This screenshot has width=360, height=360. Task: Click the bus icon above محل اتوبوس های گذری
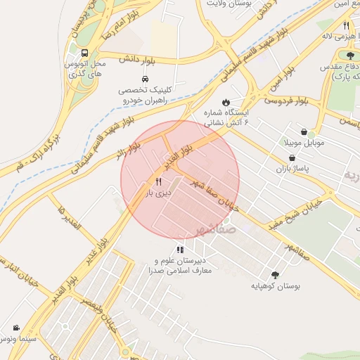click(x=84, y=53)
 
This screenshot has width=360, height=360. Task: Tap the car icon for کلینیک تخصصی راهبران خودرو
click(x=145, y=79)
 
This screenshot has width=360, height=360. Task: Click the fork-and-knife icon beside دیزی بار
click(x=168, y=181)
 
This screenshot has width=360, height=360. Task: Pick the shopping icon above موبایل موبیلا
click(x=303, y=131)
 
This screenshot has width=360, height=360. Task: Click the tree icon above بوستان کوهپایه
click(x=274, y=275)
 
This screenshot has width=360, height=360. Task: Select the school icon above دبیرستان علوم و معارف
click(x=181, y=250)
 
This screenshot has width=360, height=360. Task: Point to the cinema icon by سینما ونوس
click(x=16, y=328)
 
